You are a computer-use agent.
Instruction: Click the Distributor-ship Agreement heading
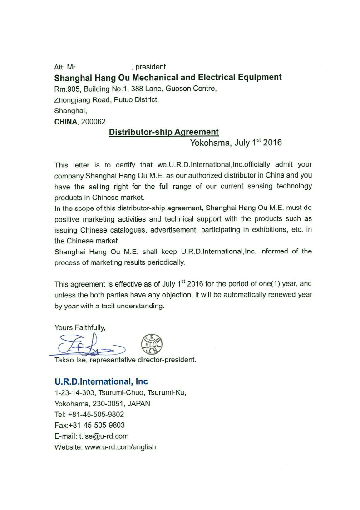[163, 132]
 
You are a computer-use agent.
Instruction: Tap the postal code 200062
[93, 122]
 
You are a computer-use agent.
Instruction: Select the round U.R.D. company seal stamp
[152, 344]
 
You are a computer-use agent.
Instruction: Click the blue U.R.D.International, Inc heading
[101, 381]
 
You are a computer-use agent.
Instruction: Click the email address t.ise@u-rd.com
[104, 436]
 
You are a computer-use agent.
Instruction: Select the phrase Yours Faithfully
[80, 327]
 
